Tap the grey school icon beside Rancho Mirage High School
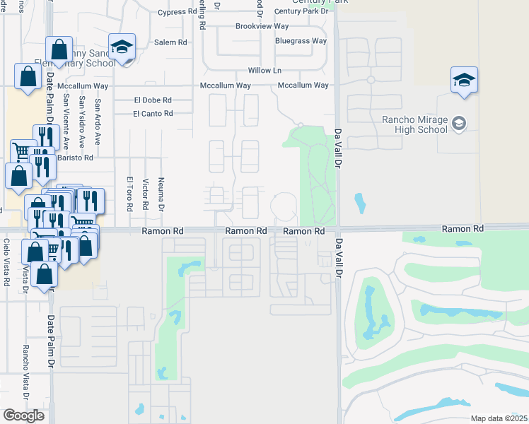point(459,124)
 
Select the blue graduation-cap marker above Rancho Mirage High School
point(464,81)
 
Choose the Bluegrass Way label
point(301,41)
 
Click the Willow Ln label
point(264,71)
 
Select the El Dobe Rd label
point(152,100)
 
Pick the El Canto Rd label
point(152,114)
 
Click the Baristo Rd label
point(76,158)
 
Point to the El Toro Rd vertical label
point(130,194)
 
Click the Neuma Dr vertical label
point(161,194)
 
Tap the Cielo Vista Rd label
point(6,262)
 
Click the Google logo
point(23,416)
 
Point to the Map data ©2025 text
point(498,418)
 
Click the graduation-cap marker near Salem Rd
point(122,48)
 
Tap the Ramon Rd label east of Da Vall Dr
point(463,229)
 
